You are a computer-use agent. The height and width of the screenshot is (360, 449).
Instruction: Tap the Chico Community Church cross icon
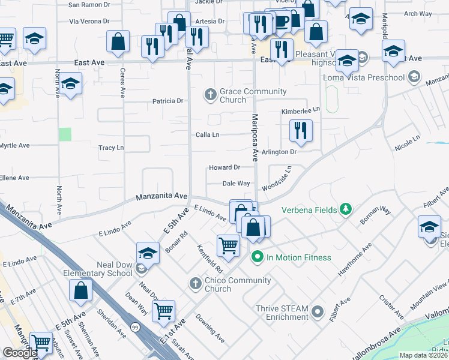pyautogui.click(x=195, y=283)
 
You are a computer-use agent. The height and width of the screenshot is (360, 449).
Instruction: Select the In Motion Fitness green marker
pyautogui.click(x=258, y=257)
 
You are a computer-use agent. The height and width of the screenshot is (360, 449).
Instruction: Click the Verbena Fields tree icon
pyautogui.click(x=345, y=209)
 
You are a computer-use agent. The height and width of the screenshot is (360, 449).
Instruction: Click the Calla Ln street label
pyautogui.click(x=207, y=134)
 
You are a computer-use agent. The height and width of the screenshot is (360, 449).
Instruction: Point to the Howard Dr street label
pyautogui.click(x=224, y=167)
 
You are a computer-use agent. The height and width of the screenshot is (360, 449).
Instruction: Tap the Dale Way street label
pyautogui.click(x=236, y=184)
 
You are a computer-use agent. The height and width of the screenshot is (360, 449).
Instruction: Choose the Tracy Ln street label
pyautogui.click(x=111, y=148)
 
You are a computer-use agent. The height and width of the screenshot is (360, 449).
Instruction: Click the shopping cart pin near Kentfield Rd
pyautogui.click(x=228, y=245)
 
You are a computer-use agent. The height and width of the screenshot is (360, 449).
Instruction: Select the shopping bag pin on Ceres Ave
pyautogui.click(x=118, y=41)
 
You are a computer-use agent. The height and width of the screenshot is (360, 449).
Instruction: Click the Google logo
pyautogui.click(x=20, y=353)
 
